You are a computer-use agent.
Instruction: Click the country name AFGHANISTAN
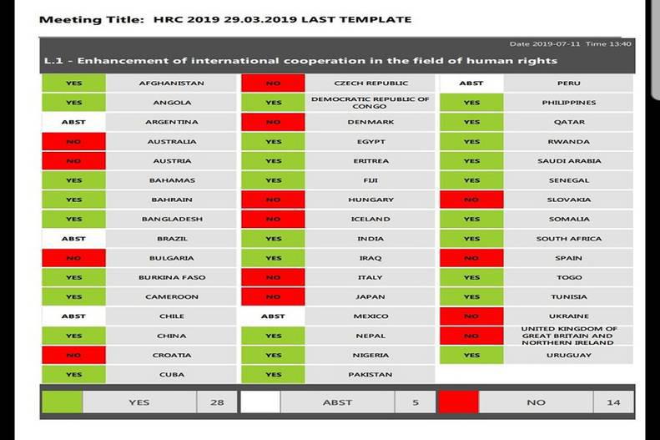coord(171,83)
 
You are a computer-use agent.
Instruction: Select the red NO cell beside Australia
coord(73,142)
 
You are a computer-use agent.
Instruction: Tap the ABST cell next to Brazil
coord(73,239)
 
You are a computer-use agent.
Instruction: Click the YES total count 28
coord(217,402)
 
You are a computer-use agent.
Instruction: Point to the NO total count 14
coord(613,402)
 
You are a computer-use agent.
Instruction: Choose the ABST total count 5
coord(415,402)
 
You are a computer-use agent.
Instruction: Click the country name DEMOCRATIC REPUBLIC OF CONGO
coord(370,103)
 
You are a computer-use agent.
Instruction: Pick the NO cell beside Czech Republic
coord(273,83)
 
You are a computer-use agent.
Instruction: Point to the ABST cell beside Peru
coord(471,83)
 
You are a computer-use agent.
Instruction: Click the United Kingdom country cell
coord(568,336)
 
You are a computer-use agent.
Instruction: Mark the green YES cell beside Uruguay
coord(471,355)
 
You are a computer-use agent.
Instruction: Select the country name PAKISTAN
coord(370,375)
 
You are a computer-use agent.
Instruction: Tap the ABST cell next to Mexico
coord(273,316)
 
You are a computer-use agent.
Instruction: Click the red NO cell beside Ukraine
coord(471,316)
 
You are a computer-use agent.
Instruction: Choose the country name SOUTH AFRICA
coord(568,239)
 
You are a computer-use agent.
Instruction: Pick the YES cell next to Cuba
coord(73,375)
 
